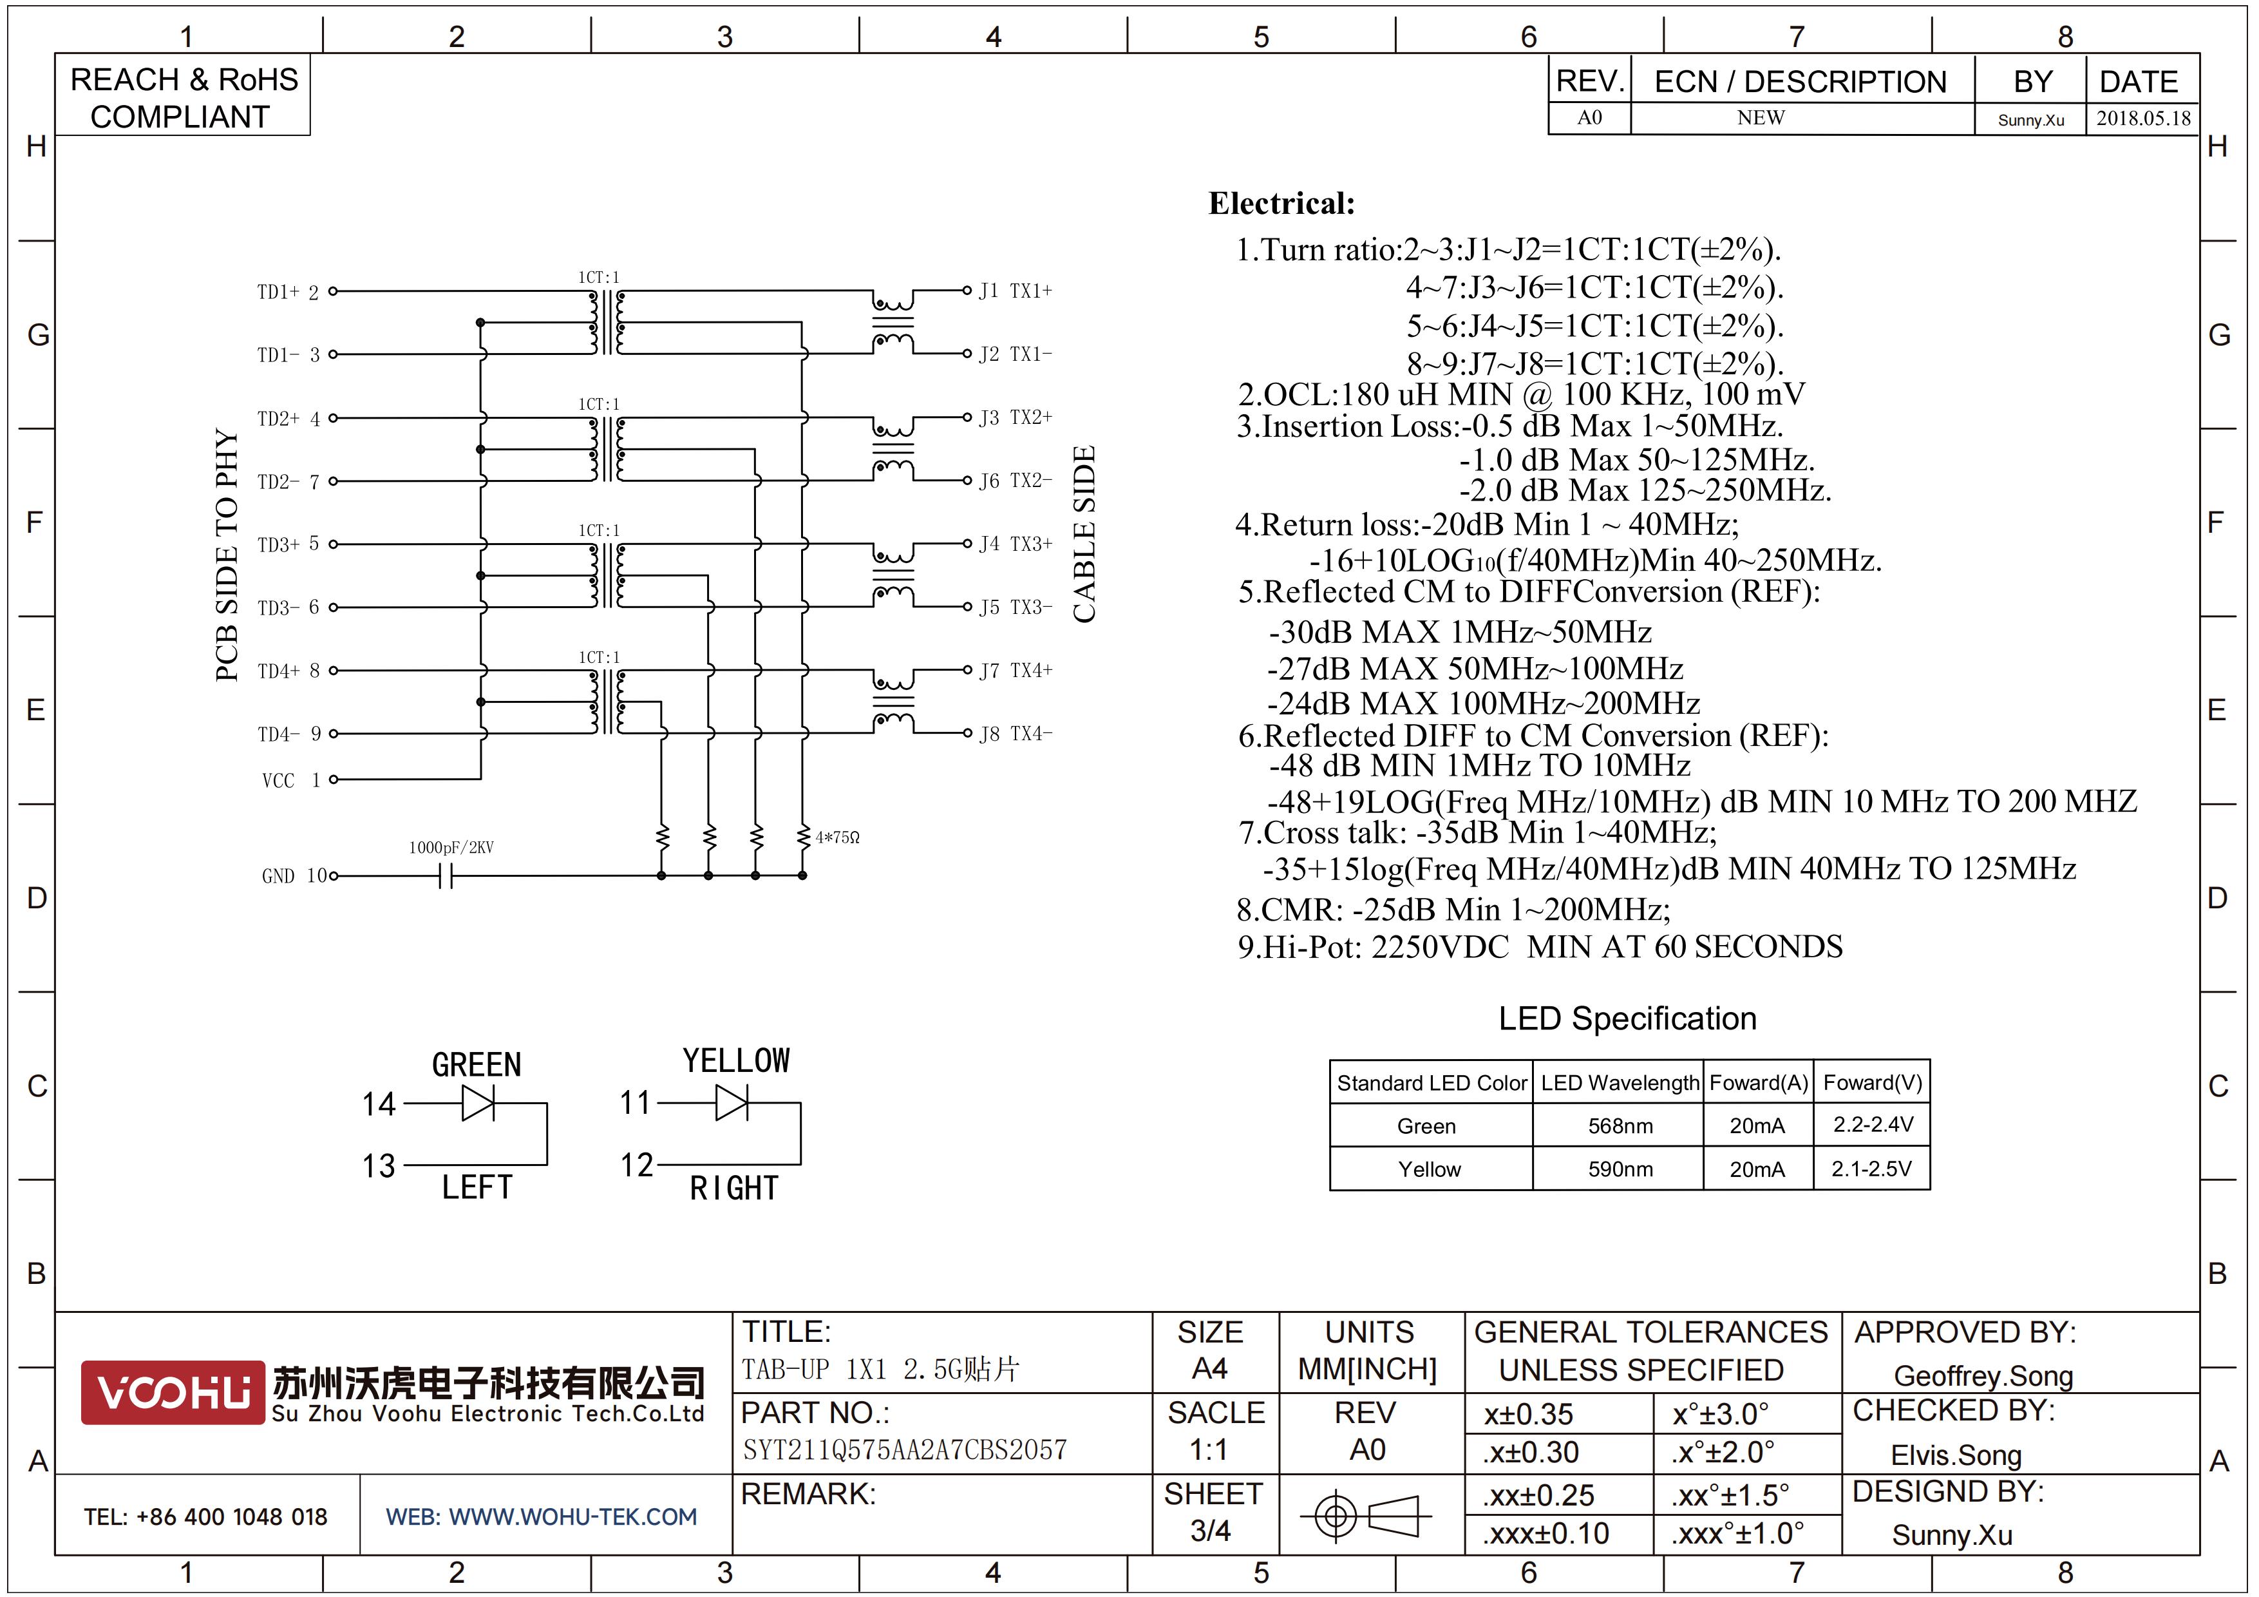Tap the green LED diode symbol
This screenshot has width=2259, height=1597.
tap(478, 1103)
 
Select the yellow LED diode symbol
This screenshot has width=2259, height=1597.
tap(732, 1102)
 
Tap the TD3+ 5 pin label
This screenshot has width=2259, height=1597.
tap(288, 544)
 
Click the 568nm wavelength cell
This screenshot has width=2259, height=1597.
tap(1620, 1125)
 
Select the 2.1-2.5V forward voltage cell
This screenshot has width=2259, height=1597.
tap(1871, 1169)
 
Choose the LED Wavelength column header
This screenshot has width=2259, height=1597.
tap(1620, 1082)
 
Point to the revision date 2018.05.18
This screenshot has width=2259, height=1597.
tap(2143, 118)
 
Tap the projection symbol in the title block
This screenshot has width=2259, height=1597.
tap(1366, 1515)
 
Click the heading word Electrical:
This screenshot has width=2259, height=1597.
tap(1281, 204)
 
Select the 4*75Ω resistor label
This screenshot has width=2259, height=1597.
tap(837, 837)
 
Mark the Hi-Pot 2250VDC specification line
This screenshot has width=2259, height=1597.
tap(1540, 946)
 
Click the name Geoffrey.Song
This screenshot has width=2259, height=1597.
tap(1983, 1375)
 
